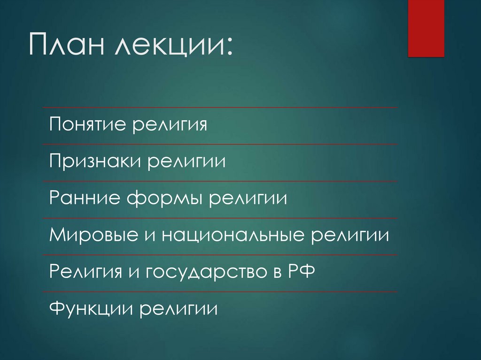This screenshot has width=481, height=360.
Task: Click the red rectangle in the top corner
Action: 426,28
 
